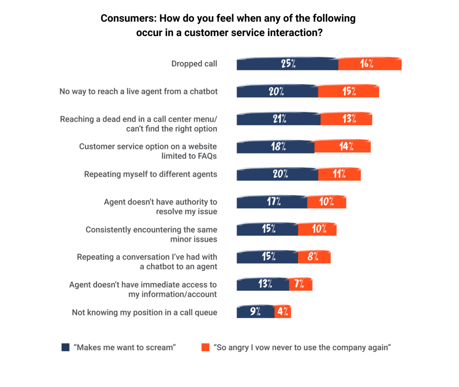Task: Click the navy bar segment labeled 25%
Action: [287, 64]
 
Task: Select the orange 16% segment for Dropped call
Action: [369, 64]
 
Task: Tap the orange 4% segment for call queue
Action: [283, 312]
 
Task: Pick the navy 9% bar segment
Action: [255, 312]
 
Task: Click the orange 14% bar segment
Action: [342, 147]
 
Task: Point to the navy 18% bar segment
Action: [275, 147]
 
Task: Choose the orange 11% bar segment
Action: [339, 174]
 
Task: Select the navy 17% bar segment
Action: [272, 202]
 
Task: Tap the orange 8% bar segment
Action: [314, 257]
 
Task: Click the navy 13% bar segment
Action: [263, 284]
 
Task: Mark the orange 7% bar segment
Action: [301, 284]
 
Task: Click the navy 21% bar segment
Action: [278, 119]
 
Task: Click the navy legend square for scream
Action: [66, 347]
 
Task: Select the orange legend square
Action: [205, 347]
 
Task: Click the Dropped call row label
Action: [194, 64]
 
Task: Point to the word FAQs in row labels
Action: [207, 156]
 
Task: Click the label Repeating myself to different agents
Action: [150, 174]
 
